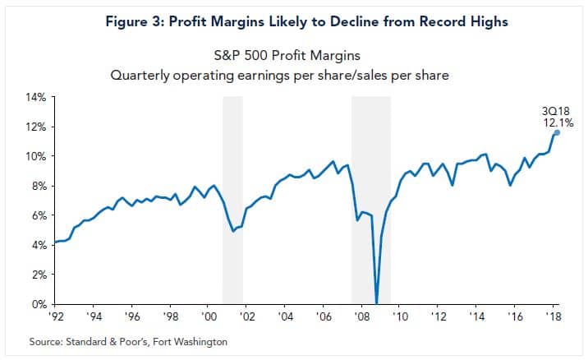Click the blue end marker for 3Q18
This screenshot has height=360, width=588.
pos(557,132)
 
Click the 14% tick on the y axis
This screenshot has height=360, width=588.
pos(37,97)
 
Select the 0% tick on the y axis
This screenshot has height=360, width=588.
pos(39,304)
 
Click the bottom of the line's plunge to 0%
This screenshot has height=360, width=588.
pos(377,302)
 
